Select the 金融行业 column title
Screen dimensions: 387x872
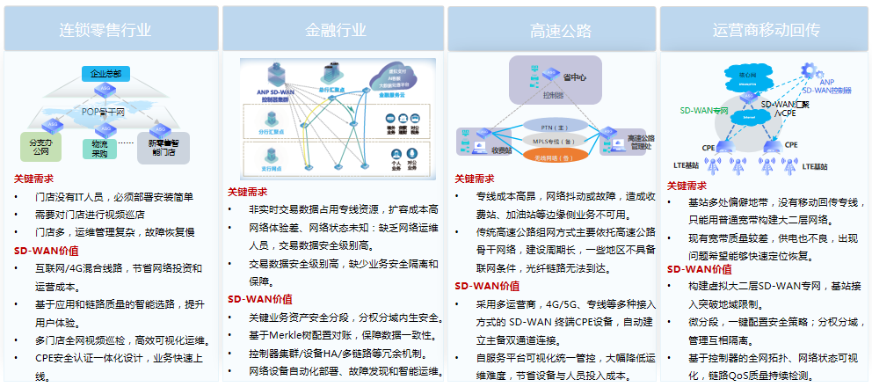pyautogui.click(x=335, y=30)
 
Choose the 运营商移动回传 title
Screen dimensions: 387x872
pyautogui.click(x=767, y=30)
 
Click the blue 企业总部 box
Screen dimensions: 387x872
pyautogui.click(x=106, y=73)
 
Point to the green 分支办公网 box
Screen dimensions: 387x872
pyautogui.click(x=40, y=147)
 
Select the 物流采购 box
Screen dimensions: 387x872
pyautogui.click(x=99, y=149)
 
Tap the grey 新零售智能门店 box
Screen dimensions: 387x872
pyautogui.click(x=163, y=147)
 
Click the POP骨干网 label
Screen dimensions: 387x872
pyautogui.click(x=104, y=113)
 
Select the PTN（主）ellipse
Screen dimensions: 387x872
pyautogui.click(x=553, y=128)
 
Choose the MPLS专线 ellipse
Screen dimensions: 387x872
pyautogui.click(x=553, y=141)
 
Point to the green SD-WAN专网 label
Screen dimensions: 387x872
pyautogui.click(x=704, y=112)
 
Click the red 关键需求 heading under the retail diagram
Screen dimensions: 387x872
pyautogui.click(x=33, y=179)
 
